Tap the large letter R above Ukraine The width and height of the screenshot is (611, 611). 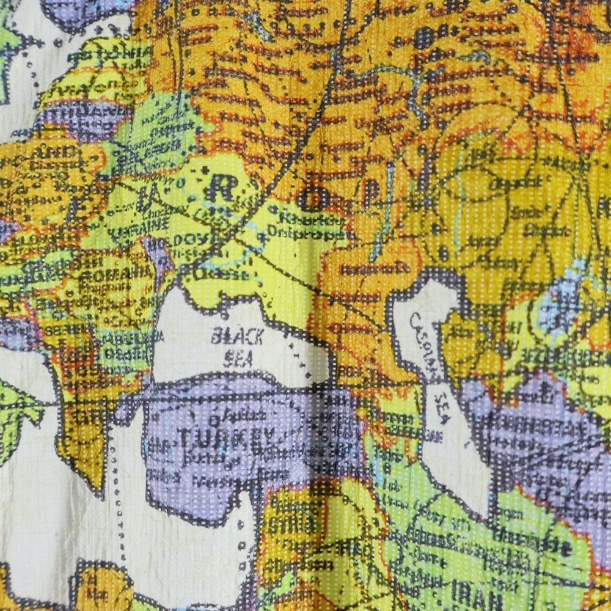click(219, 190)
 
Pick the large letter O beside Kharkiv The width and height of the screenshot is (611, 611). click(307, 197)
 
